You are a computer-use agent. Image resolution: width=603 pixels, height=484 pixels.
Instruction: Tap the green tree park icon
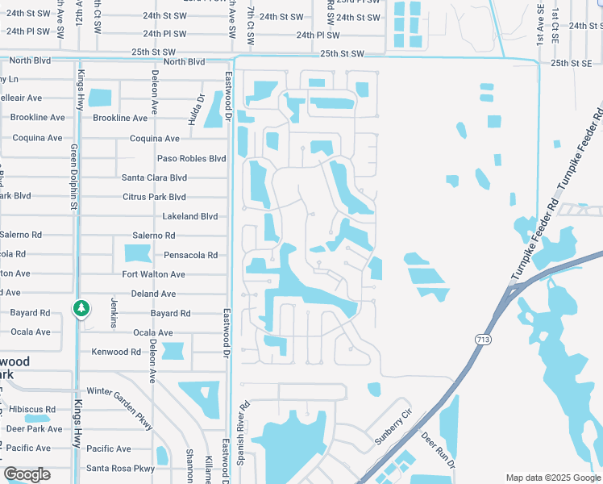point(81,309)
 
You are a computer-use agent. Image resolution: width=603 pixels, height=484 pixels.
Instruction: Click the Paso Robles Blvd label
point(191,158)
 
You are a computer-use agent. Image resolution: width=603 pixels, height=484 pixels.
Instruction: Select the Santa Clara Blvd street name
point(154,177)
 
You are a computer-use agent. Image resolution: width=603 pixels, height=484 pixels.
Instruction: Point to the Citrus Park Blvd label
point(154,197)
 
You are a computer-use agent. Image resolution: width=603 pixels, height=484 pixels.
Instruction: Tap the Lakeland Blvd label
point(190,216)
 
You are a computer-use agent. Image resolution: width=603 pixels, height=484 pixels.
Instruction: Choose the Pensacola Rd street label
point(190,255)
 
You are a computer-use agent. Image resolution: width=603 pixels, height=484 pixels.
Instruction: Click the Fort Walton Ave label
point(153,274)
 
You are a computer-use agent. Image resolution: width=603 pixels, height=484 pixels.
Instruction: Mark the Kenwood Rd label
point(117,352)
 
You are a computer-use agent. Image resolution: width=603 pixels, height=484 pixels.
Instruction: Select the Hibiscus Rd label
point(28,409)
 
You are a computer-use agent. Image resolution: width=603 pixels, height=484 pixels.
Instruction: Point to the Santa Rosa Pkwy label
point(120,468)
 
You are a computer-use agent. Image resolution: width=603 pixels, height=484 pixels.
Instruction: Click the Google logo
point(27,474)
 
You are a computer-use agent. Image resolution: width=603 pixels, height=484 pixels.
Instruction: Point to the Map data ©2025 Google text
point(552,478)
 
